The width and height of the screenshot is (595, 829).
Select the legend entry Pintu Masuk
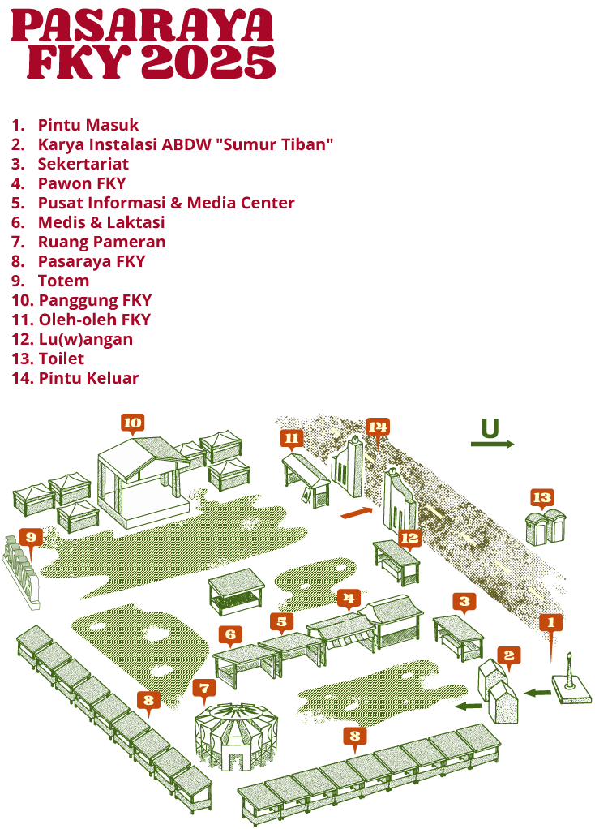click(88, 125)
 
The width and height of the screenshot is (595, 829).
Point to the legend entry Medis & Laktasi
click(101, 222)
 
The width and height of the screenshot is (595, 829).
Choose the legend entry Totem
click(63, 281)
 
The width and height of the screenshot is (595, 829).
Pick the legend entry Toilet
click(61, 359)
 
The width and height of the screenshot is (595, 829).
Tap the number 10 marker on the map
click(132, 422)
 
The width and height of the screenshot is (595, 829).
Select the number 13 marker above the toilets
click(541, 496)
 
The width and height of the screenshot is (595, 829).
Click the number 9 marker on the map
click(30, 537)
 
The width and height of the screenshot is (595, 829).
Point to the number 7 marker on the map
click(204, 689)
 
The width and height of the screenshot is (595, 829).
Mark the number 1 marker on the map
click(550, 622)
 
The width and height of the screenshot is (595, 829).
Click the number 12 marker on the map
click(410, 537)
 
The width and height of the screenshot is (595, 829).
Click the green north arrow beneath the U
click(493, 445)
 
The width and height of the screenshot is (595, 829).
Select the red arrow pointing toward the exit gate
click(356, 512)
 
